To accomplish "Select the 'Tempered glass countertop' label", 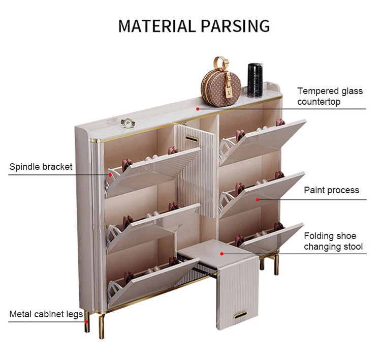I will coord(330,96).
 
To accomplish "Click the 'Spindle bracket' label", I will coord(41,167).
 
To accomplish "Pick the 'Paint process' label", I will coord(331,190).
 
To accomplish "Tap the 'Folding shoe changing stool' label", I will coord(333,241).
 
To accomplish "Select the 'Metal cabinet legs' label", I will coord(46,314).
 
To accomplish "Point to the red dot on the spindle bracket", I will coord(109,174).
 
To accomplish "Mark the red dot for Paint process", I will coord(258,199).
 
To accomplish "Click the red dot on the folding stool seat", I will coord(221,252).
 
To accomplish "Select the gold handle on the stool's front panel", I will coord(237,316).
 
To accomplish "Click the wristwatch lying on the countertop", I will coord(126,123).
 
